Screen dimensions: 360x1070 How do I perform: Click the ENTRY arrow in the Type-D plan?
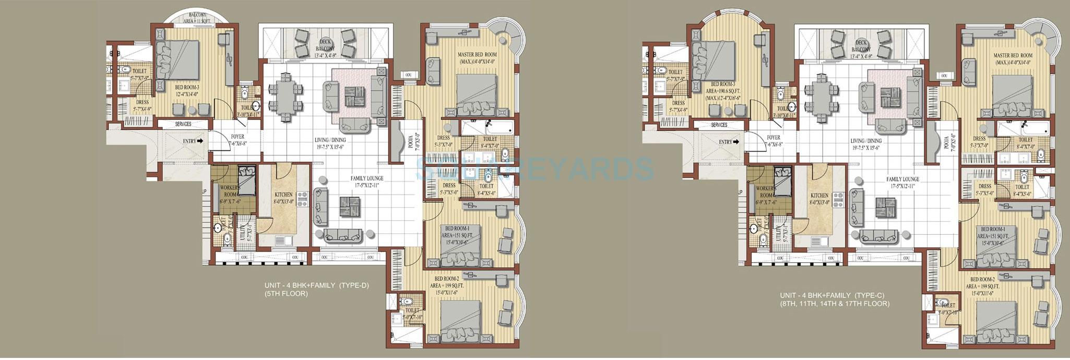(x=200, y=141)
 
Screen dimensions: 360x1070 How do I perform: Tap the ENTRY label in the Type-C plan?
(x=726, y=142)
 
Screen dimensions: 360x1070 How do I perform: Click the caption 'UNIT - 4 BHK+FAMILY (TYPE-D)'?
(x=316, y=285)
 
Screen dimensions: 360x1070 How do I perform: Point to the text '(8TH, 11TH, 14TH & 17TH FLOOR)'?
(x=835, y=303)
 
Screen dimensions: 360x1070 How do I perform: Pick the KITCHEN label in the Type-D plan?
(x=283, y=195)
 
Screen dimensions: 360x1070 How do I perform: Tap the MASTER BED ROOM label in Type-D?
(x=477, y=54)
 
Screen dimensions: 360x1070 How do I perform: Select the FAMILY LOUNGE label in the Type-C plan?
(x=903, y=179)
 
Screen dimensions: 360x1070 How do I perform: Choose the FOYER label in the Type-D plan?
(x=237, y=137)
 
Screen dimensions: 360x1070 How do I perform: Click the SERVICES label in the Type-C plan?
(x=719, y=125)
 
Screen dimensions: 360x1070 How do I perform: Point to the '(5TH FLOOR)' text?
(x=286, y=294)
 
